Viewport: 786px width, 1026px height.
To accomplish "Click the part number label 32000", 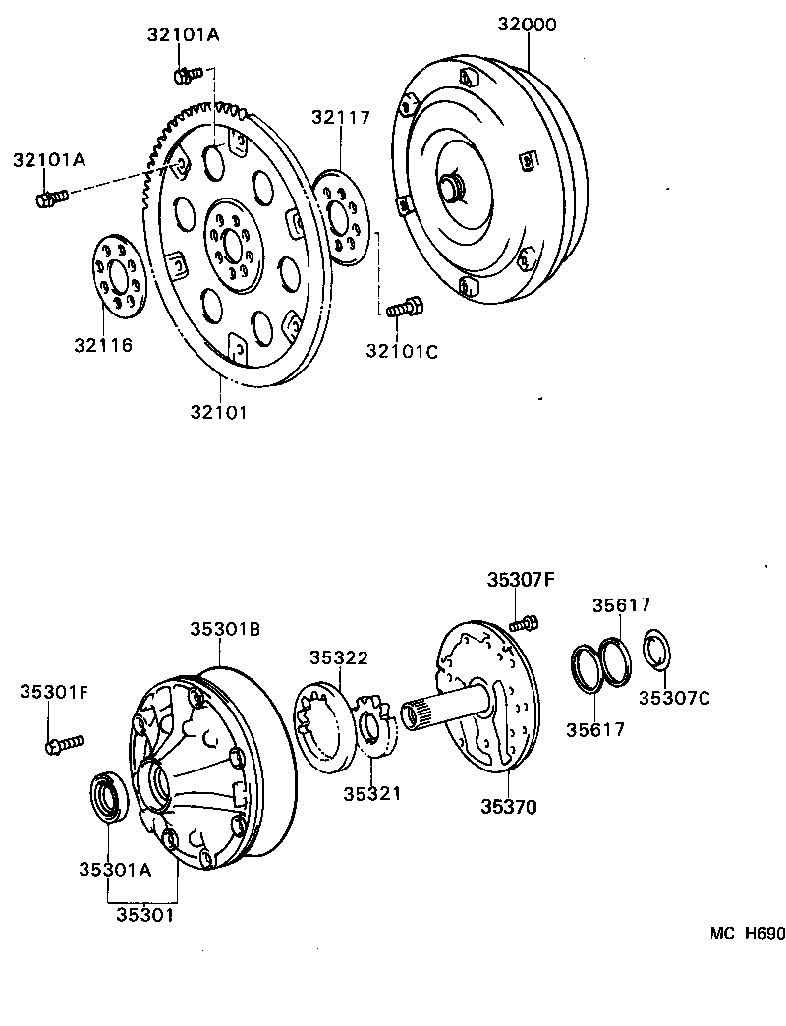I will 526,24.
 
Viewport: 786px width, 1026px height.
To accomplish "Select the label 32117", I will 341,117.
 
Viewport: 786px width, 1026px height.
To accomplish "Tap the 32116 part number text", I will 101,345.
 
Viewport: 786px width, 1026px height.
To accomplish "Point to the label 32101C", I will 402,349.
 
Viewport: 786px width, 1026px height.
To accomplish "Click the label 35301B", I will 225,629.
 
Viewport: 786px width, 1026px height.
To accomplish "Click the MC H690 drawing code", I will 748,934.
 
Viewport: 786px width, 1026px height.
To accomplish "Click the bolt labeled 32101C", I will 404,309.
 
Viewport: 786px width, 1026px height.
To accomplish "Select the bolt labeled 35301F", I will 64,744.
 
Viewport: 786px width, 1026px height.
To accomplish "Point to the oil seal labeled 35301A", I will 107,796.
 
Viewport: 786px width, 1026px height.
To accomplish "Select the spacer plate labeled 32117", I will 344,217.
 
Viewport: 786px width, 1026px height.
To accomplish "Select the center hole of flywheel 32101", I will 232,245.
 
